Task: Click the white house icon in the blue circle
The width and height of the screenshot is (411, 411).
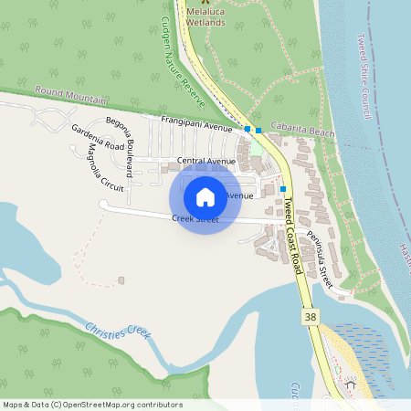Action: [205, 196]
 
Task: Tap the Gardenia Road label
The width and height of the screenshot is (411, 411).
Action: [98, 137]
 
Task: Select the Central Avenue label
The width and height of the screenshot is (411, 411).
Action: [206, 161]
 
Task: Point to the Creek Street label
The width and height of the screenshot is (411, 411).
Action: [195, 219]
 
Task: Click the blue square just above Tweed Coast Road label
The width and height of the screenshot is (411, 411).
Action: [281, 188]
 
